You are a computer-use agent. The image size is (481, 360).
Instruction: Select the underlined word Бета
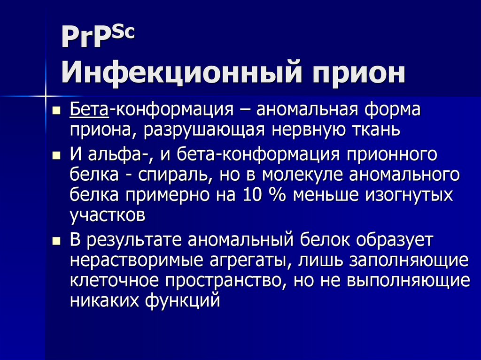click(89, 112)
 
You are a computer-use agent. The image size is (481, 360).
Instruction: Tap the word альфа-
click(113, 155)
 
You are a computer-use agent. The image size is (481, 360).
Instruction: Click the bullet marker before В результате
click(56, 240)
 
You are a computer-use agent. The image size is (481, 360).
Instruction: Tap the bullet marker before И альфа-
click(56, 155)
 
